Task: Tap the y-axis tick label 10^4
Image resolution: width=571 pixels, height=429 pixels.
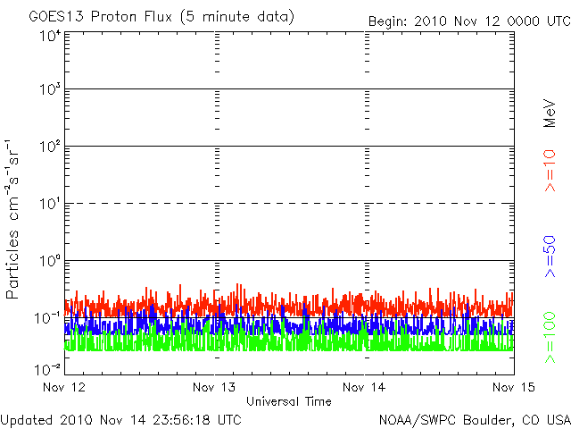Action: coord(50,36)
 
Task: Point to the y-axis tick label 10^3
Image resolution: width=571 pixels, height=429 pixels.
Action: coord(50,89)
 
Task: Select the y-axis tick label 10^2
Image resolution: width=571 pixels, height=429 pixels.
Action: coord(50,147)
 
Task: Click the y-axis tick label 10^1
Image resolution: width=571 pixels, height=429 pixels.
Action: coord(50,204)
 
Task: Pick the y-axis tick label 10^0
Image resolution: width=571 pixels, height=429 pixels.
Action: coord(50,261)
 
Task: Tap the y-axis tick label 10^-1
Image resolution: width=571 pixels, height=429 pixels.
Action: coord(48,318)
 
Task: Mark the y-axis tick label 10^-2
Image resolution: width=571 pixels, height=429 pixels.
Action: coord(48,368)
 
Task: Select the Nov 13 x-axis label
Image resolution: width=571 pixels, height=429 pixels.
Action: coord(215,387)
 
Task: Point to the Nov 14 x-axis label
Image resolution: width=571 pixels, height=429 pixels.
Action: coord(364,387)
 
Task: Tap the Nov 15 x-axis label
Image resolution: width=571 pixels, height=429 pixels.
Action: coord(512,387)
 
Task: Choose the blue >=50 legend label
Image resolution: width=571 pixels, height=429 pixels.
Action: coord(550,257)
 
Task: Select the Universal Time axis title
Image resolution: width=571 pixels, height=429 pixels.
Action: coord(289,401)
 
